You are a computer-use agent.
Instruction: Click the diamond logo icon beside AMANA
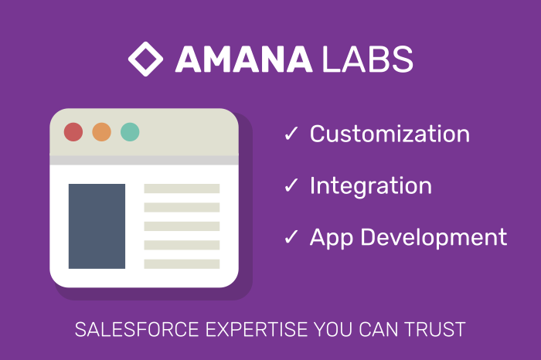[x=145, y=59]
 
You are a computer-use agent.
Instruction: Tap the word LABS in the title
[x=368, y=59]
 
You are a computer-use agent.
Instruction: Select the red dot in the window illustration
[x=73, y=132]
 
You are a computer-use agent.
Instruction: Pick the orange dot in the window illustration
[x=101, y=132]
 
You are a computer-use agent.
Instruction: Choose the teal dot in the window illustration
[x=130, y=132]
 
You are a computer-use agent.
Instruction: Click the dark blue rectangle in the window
[x=97, y=226]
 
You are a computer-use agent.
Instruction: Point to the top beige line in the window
[x=182, y=188]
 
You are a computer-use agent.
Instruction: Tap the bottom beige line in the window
[x=182, y=263]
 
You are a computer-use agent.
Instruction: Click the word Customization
[x=390, y=134]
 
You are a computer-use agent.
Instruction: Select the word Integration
[x=370, y=185]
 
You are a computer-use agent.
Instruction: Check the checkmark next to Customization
[x=291, y=134]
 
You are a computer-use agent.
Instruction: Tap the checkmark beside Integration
[x=291, y=186]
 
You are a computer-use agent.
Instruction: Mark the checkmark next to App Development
[x=291, y=238]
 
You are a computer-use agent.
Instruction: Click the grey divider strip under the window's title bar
[x=143, y=160]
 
